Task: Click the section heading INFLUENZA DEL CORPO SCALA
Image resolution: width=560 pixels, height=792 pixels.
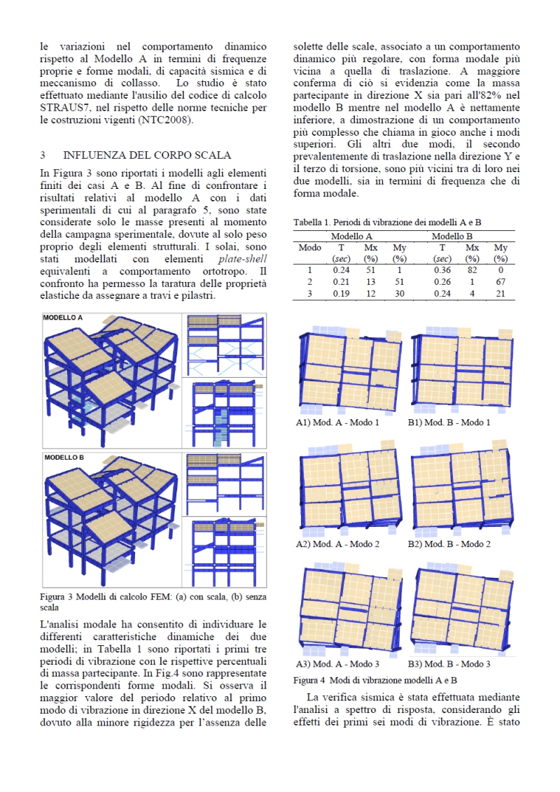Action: pyautogui.click(x=147, y=155)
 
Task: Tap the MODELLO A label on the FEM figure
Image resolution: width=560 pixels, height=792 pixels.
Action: pyautogui.click(x=63, y=318)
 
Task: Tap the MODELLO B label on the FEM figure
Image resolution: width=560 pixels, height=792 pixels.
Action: pyautogui.click(x=63, y=458)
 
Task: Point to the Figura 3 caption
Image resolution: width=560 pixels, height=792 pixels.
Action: pyautogui.click(x=153, y=602)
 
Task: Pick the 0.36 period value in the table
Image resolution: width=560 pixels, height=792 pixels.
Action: pyautogui.click(x=442, y=269)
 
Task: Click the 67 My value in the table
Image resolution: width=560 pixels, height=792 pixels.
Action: pyautogui.click(x=500, y=281)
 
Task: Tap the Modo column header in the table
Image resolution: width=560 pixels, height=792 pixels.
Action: pyautogui.click(x=309, y=248)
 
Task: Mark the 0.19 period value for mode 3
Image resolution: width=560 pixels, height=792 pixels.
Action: pyautogui.click(x=341, y=293)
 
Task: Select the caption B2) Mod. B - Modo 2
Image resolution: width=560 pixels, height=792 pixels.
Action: pyautogui.click(x=449, y=544)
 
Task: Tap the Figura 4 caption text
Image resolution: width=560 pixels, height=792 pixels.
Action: pyautogui.click(x=374, y=679)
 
